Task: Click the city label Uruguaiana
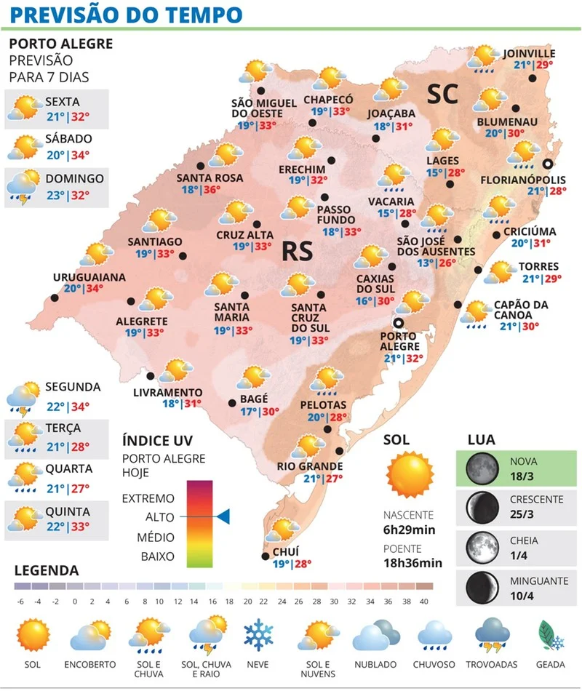[89, 277]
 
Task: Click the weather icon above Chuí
[284, 530]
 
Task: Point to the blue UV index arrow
[223, 516]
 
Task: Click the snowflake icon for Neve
[258, 635]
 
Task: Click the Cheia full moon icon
[479, 547]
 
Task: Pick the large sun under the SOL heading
[410, 474]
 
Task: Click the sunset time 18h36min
[413, 562]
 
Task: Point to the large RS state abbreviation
[297, 252]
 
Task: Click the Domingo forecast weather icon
[23, 187]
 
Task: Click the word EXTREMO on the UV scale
[148, 498]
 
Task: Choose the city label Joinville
[529, 53]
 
